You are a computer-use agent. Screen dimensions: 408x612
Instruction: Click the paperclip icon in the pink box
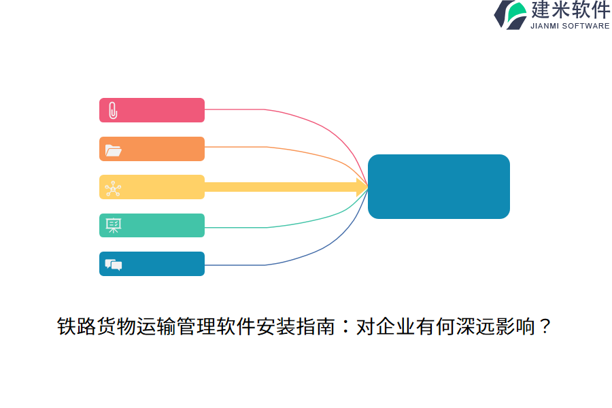pos(113,110)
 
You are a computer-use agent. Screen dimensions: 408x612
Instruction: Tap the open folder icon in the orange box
pos(113,150)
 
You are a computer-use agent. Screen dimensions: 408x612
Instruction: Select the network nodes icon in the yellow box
pos(113,188)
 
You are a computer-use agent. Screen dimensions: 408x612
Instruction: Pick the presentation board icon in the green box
pos(113,226)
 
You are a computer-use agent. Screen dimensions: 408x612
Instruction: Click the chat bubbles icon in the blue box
pos(113,265)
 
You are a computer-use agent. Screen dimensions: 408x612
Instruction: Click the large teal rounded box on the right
pos(439,186)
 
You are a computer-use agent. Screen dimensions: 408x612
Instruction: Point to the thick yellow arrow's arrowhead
pos(362,187)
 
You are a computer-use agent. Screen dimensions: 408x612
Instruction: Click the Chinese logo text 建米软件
pos(571,10)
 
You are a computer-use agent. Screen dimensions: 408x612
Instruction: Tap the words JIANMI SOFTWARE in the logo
pos(570,26)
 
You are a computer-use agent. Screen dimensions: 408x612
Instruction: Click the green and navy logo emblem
pos(511,14)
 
